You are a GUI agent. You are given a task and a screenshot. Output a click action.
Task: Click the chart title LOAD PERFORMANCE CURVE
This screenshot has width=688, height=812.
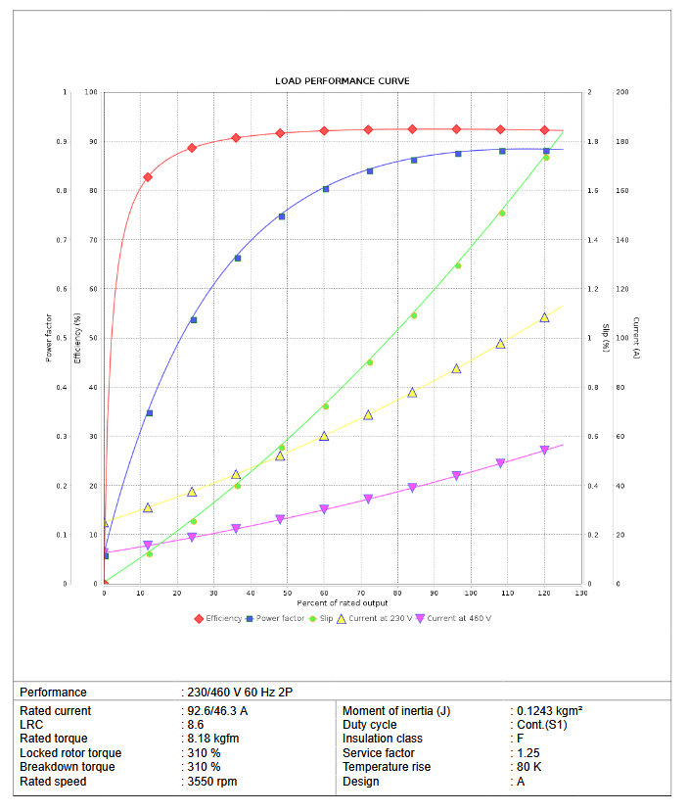(x=343, y=80)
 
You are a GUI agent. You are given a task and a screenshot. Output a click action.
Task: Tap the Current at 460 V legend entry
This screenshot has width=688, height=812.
(x=454, y=618)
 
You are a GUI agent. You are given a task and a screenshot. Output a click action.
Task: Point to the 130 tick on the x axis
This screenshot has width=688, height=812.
(x=581, y=594)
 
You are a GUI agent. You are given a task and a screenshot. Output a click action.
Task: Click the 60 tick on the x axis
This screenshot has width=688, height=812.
(x=324, y=594)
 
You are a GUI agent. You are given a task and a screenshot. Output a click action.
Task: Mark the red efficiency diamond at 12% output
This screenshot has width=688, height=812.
(x=148, y=177)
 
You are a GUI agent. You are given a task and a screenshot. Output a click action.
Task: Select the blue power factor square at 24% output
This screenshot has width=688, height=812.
(x=193, y=320)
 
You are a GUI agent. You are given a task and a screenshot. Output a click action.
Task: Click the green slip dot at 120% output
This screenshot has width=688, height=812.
(x=545, y=158)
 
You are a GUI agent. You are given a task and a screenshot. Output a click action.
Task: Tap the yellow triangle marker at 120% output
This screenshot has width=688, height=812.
(x=544, y=317)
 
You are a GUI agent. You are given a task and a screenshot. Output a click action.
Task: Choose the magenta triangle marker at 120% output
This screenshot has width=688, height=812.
(x=544, y=451)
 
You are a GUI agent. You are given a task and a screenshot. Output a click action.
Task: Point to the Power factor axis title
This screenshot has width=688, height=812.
(x=48, y=338)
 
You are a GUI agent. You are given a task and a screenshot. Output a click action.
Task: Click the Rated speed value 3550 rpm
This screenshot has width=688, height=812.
(x=212, y=782)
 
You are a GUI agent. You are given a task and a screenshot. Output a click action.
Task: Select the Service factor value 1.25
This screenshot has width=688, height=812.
(x=527, y=753)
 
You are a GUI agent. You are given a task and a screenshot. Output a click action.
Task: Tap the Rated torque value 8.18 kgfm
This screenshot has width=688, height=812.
(x=213, y=739)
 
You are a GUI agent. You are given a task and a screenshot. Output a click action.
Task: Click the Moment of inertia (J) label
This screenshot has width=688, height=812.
(x=396, y=710)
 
